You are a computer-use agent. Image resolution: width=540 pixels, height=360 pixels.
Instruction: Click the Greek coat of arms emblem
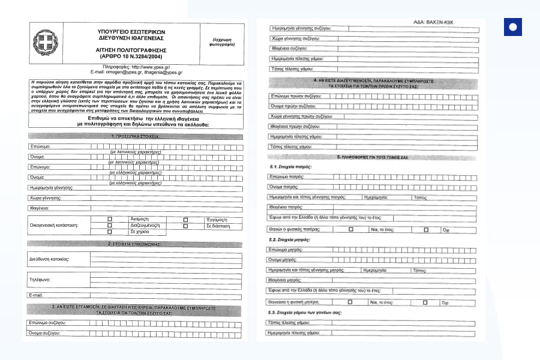click(x=43, y=44)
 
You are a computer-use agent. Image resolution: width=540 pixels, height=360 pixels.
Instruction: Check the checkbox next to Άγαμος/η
click(x=110, y=220)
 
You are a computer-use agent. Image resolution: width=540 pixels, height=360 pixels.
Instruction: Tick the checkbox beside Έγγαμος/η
click(x=185, y=220)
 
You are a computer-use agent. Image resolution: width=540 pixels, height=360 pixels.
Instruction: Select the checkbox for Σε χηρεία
click(x=110, y=231)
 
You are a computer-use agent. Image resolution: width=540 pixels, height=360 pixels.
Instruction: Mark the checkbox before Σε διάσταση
click(x=185, y=226)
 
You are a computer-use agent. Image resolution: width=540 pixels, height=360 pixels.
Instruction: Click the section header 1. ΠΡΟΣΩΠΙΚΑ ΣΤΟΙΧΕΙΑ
click(x=134, y=137)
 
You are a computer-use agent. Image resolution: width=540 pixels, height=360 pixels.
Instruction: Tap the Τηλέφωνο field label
click(x=40, y=280)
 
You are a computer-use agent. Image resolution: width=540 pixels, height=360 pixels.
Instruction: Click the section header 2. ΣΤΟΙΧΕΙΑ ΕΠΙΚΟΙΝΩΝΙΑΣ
click(x=134, y=244)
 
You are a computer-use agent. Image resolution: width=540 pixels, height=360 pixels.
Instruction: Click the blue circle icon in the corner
click(x=512, y=27)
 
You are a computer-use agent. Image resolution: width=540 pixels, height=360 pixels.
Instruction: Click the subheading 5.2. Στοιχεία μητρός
click(x=290, y=239)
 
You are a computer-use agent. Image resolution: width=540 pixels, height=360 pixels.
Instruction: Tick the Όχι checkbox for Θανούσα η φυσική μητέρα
click(x=425, y=302)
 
